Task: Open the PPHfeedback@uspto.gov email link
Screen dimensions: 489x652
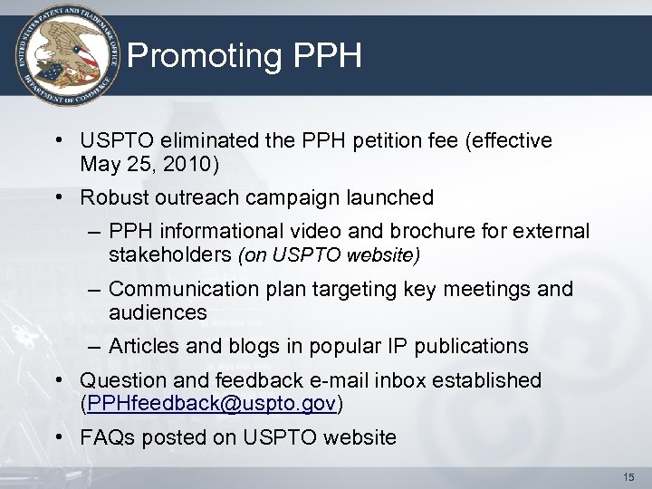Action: (207, 403)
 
